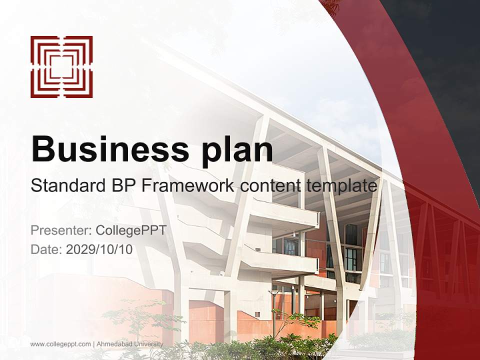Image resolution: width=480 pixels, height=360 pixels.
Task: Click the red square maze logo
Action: coord(61,67)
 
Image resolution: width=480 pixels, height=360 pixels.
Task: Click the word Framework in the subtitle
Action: coord(188,186)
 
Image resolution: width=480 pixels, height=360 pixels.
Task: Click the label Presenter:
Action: coord(60,230)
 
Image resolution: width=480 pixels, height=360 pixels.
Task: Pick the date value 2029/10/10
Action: coord(99,249)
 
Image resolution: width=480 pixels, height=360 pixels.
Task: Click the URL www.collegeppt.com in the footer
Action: coord(60,344)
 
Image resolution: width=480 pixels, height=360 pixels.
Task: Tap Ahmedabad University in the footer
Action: coord(129,344)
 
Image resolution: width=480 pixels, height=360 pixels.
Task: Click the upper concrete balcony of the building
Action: coord(285,215)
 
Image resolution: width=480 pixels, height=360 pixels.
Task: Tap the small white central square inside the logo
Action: coord(61,67)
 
